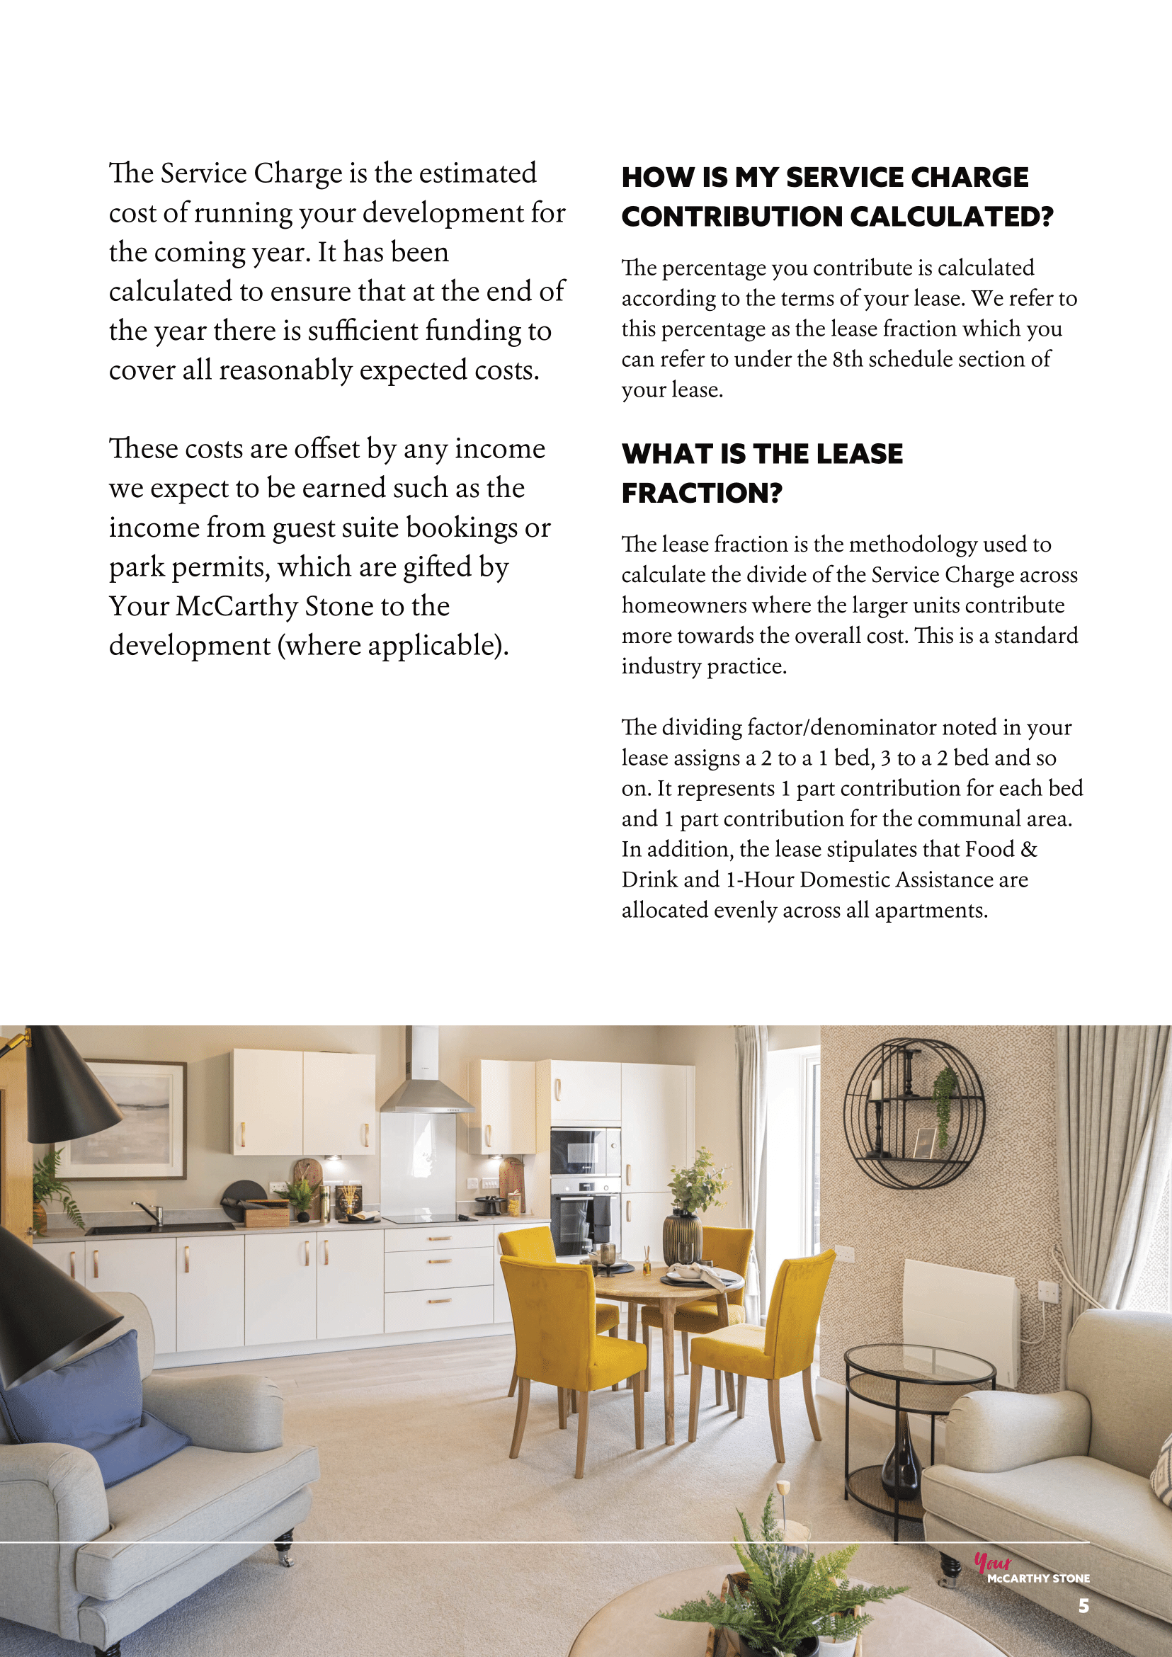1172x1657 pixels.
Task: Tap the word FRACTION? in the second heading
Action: click(x=702, y=493)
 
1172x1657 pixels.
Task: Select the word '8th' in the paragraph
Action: click(x=847, y=359)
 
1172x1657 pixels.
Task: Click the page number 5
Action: click(x=1083, y=1606)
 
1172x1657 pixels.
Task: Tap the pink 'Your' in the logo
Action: click(x=992, y=1562)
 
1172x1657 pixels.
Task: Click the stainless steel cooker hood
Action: click(x=426, y=1083)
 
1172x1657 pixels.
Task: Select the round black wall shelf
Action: click(x=914, y=1114)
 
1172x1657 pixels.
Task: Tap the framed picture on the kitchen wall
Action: click(x=123, y=1119)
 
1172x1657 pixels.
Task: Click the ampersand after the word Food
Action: click(x=1029, y=849)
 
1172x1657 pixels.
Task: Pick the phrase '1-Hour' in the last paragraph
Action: click(x=760, y=879)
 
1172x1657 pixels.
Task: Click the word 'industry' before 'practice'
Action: click(x=661, y=666)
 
